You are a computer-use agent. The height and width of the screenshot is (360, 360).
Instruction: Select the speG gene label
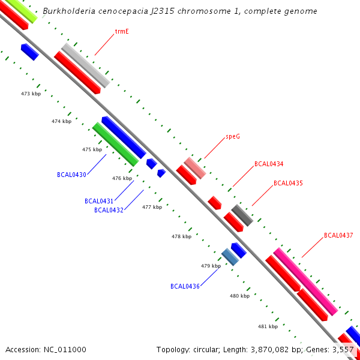pos(233,136)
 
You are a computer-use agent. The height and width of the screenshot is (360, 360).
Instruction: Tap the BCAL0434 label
pos(269,164)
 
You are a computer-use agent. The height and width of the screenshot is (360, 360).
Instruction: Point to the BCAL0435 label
pos(288,183)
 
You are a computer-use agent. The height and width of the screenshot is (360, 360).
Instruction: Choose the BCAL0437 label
pos(338,235)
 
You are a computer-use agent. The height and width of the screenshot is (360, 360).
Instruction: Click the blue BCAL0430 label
pos(71,175)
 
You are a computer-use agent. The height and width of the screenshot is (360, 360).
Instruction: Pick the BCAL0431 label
pos(99,201)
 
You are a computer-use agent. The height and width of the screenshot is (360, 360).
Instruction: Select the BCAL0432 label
pos(109,210)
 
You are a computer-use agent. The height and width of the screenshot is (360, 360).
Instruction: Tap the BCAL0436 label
pos(185,286)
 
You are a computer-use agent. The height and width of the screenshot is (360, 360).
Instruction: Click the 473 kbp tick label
pos(31,94)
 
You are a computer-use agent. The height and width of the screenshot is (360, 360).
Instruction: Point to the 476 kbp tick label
pos(122,178)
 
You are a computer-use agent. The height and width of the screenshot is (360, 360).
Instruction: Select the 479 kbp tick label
pos(211,265)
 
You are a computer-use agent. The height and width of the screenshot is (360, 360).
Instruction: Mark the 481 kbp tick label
pos(268,326)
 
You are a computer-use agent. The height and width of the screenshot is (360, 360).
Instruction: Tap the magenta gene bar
pos(305,281)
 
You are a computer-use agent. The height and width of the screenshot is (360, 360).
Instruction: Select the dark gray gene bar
pos(242,215)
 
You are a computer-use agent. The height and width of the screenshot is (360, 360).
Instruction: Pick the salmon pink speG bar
pos(194,167)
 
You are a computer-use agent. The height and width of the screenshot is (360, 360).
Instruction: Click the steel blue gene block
pos(230,257)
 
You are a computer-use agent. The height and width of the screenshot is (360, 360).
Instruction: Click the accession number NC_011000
pos(46,349)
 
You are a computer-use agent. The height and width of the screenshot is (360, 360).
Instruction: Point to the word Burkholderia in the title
pos(70,11)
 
